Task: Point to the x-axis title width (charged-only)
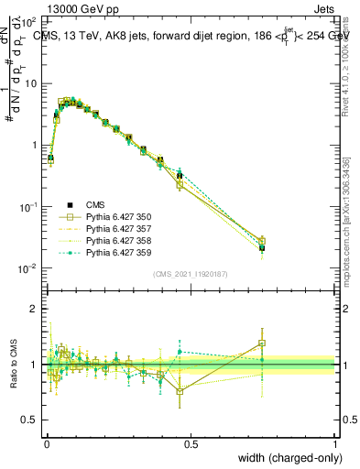287,457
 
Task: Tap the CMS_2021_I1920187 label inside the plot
190,273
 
